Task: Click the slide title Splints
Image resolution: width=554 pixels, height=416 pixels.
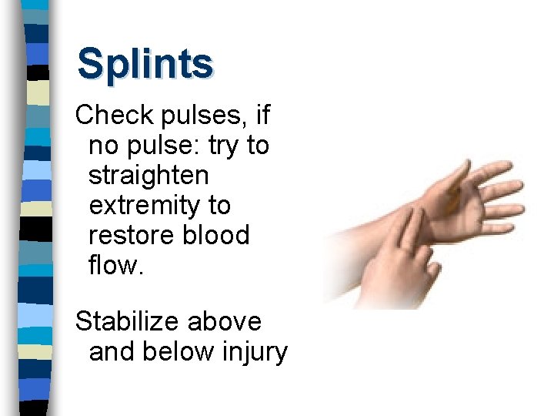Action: click(145, 63)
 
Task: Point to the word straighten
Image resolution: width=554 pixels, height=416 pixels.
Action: click(149, 176)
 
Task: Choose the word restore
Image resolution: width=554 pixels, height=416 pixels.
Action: click(132, 235)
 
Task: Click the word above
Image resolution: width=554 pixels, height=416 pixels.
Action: click(230, 321)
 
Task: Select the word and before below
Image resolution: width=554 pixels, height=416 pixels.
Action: click(112, 351)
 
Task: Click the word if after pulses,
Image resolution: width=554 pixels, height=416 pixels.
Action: click(263, 116)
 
